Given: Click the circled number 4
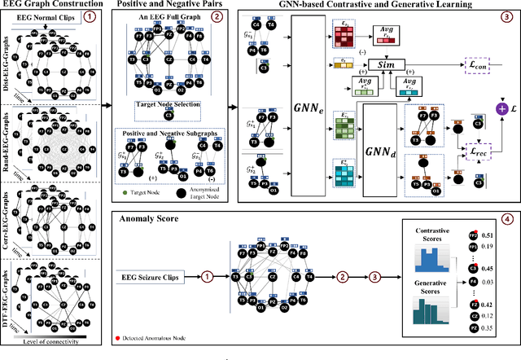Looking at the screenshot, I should pyautogui.click(x=506, y=219).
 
